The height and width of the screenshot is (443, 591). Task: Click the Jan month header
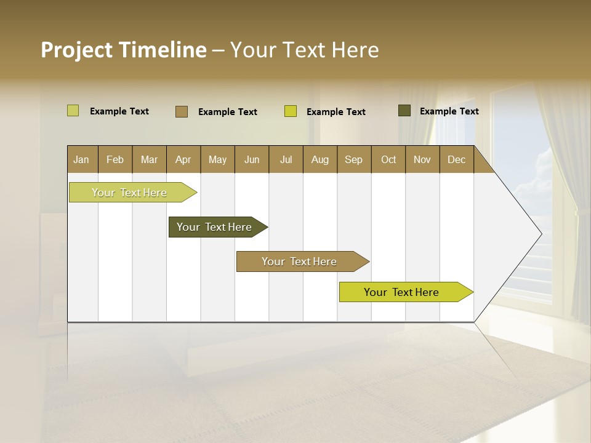82,159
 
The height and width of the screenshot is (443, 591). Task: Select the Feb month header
115,159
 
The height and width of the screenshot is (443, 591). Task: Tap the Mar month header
149,159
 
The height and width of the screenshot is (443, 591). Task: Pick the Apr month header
183,159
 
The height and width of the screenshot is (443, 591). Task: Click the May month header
217,159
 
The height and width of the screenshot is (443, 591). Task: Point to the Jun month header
252,159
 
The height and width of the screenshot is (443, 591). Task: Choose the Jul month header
286,159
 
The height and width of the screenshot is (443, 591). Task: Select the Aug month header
320,159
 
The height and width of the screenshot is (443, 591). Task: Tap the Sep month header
354,159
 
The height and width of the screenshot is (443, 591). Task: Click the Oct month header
388,159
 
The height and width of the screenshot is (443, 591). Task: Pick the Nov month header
422,159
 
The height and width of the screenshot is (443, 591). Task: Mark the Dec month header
457,159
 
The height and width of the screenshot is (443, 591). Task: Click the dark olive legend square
404,111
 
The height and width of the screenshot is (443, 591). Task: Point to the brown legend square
182,111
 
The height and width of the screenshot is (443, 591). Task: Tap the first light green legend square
73,111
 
